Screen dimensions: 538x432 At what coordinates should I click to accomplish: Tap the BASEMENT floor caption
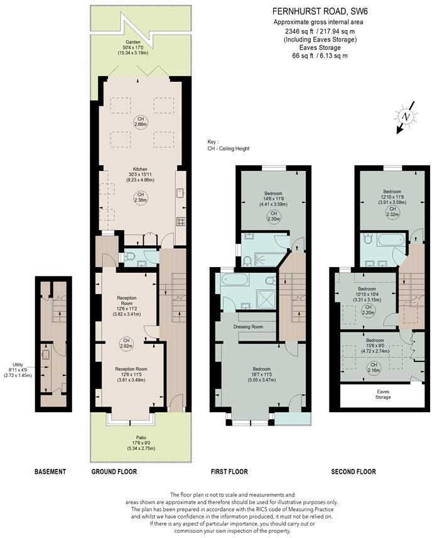coord(50,471)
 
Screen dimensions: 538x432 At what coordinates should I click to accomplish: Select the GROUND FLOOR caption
coord(114,471)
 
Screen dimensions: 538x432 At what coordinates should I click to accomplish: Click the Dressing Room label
coord(247,327)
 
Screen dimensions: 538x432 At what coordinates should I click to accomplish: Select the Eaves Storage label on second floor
coord(383,394)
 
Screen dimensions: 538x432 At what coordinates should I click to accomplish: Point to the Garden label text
coord(132,43)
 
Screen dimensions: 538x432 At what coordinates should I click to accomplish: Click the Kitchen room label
coord(139,169)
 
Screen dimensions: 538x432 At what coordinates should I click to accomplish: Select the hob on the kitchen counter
coord(181,221)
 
